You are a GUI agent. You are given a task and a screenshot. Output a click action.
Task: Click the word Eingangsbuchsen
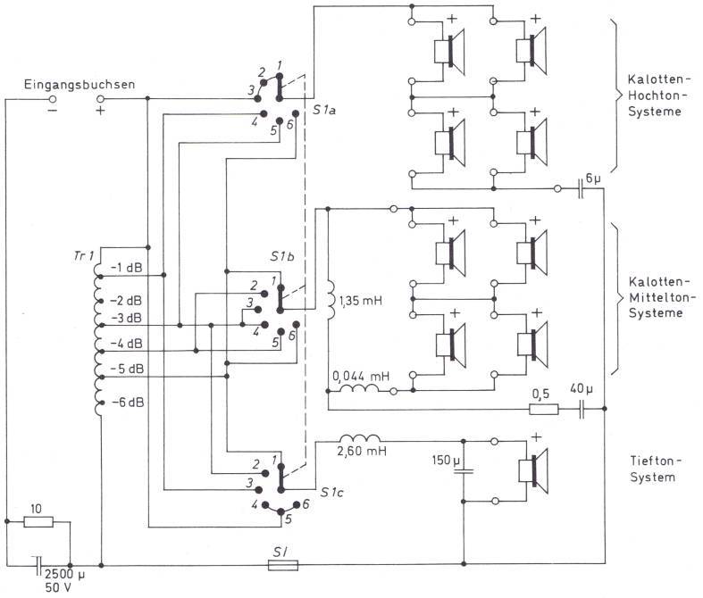point(80,85)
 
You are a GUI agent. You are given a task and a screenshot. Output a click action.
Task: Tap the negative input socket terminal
point(53,98)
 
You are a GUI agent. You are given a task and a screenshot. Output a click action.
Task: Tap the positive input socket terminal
point(101,98)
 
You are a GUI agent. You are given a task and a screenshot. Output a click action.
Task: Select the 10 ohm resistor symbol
point(38,522)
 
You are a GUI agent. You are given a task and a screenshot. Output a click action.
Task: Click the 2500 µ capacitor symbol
point(38,566)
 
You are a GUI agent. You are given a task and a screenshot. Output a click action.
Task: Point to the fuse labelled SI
point(283,565)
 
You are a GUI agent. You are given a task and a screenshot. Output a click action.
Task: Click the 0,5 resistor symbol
point(544,409)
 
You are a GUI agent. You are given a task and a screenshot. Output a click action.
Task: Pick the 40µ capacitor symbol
point(582,409)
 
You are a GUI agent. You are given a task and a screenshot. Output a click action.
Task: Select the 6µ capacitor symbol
point(581,188)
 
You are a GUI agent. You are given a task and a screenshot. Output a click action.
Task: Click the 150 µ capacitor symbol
point(464,471)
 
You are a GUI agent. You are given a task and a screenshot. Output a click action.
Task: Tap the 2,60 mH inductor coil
point(360,438)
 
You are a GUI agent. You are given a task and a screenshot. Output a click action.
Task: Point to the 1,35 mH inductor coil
point(330,300)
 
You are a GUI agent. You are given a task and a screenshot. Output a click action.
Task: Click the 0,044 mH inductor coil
point(360,387)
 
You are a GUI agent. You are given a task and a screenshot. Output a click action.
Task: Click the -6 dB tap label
point(128,403)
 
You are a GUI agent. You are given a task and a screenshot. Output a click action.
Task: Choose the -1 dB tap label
point(127,268)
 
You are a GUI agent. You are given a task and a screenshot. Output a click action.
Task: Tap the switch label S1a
point(323,110)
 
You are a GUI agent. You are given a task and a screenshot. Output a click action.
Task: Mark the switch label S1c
point(332,493)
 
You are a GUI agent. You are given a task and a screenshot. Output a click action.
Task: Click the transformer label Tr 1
point(84,256)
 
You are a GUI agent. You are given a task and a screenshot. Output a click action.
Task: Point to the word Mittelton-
point(662,297)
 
